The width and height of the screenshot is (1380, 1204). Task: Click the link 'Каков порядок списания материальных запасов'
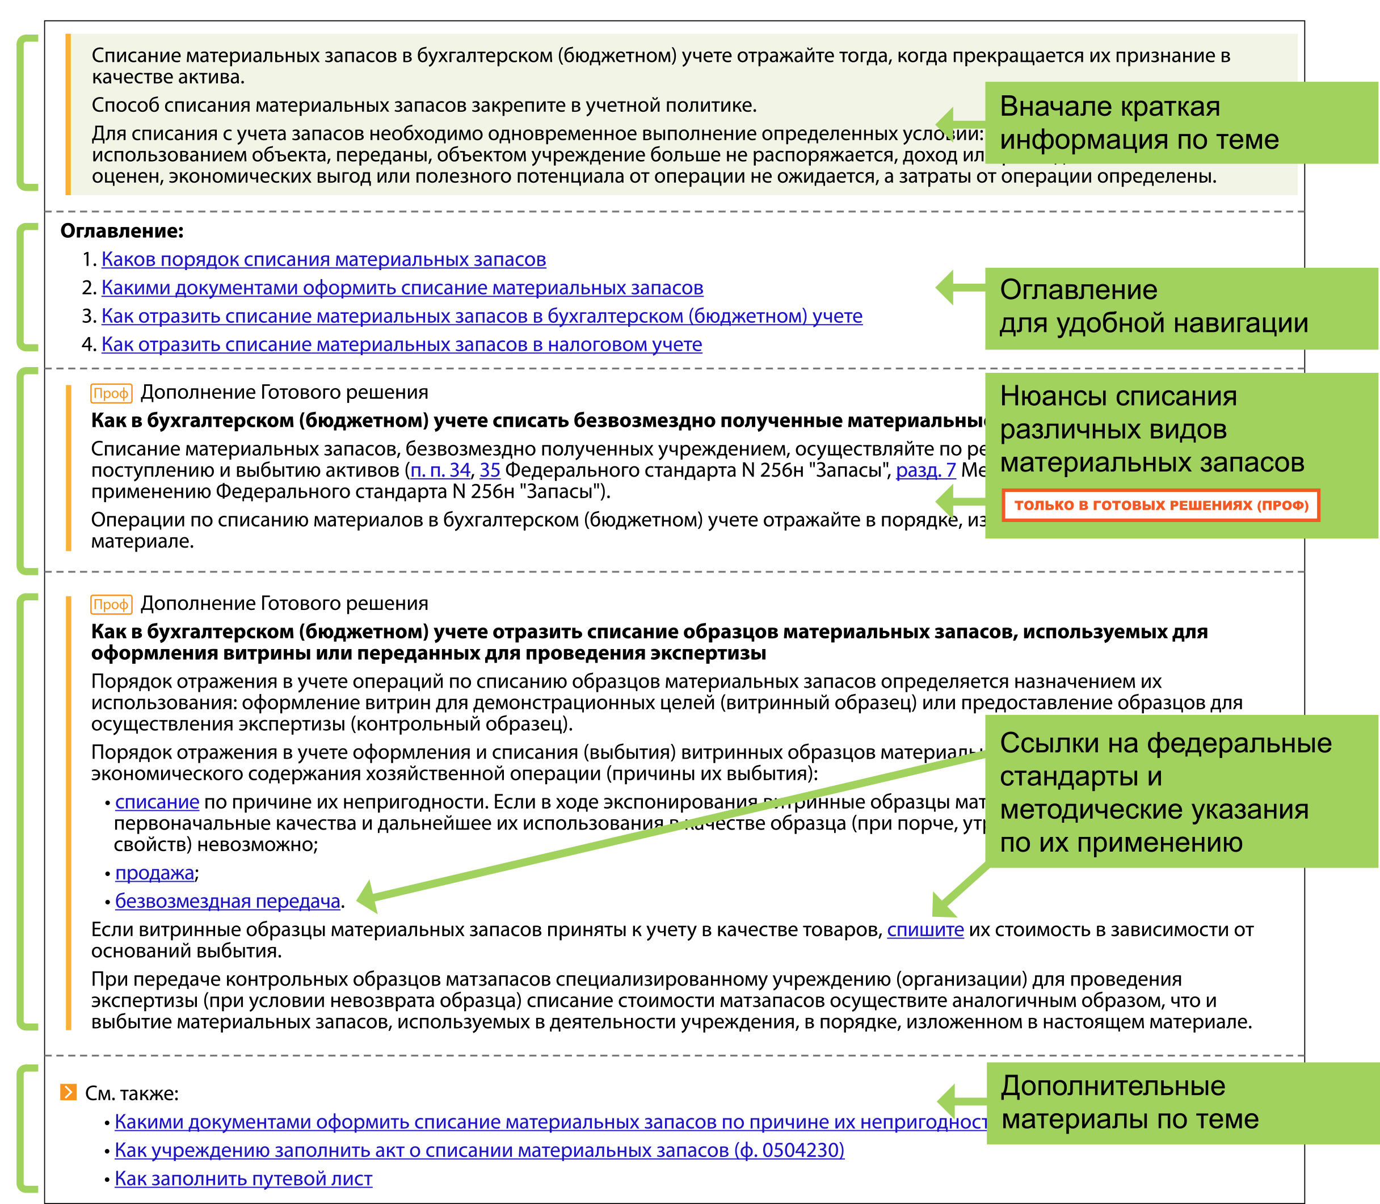323,259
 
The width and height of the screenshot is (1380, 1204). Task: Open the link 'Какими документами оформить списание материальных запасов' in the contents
402,288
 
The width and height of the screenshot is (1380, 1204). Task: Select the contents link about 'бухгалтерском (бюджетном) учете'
481,316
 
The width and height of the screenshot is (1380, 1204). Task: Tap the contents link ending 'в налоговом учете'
401,344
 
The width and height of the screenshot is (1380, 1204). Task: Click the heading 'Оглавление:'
121,231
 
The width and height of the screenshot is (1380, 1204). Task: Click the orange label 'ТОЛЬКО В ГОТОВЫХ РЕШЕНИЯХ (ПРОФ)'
1161,505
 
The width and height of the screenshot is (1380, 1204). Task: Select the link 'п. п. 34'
440,470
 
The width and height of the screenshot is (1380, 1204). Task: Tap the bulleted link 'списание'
157,802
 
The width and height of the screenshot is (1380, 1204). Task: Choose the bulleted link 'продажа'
154,873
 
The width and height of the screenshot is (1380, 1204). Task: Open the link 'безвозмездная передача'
228,902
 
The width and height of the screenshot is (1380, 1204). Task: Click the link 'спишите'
925,930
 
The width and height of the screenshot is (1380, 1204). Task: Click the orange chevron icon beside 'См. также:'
69,1092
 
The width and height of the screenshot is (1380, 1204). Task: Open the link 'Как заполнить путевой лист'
243,1179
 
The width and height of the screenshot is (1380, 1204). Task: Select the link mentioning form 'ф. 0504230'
479,1150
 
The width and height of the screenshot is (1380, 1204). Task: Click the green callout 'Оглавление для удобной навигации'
1180,308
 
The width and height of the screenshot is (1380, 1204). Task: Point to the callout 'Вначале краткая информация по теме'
1180,123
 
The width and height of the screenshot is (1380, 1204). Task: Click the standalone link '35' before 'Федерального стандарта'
490,470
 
